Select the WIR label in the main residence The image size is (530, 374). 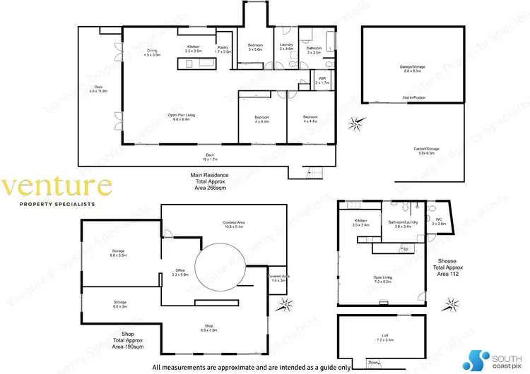(322, 81)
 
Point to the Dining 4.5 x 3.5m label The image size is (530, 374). (153, 52)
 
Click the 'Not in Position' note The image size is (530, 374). (413, 97)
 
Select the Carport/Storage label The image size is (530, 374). (427, 150)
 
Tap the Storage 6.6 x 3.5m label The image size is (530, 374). (118, 253)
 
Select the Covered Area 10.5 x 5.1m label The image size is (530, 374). (233, 224)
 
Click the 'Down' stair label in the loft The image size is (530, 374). (373, 363)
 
